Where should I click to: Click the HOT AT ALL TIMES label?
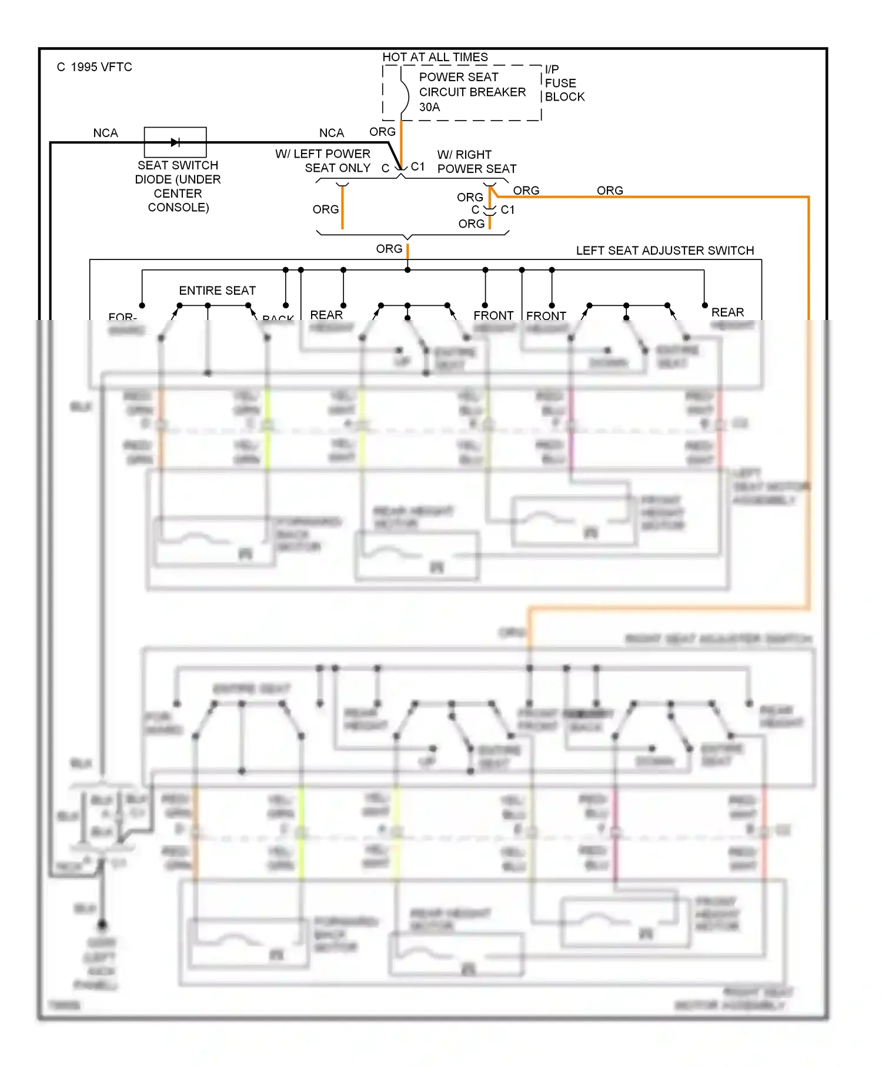pos(435,57)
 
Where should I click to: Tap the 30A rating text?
pos(429,107)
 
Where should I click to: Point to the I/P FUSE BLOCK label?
pos(563,83)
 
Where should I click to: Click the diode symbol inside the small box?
pos(175,142)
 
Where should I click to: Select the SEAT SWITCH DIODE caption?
pos(178,186)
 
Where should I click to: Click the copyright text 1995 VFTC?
pos(94,67)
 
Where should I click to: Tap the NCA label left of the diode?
pos(105,133)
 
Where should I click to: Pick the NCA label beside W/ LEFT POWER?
pos(331,133)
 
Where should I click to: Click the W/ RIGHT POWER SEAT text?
pos(476,161)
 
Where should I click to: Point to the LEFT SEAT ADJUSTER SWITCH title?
pos(664,251)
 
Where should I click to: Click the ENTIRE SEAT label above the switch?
pos(217,291)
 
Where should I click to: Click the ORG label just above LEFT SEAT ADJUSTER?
pos(389,249)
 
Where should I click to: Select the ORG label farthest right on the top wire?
pos(609,191)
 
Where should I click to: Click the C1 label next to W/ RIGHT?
pos(417,166)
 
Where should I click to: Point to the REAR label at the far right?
pos(727,312)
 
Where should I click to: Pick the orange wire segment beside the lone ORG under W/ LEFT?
pos(342,209)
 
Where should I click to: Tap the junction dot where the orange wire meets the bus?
pos(407,270)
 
